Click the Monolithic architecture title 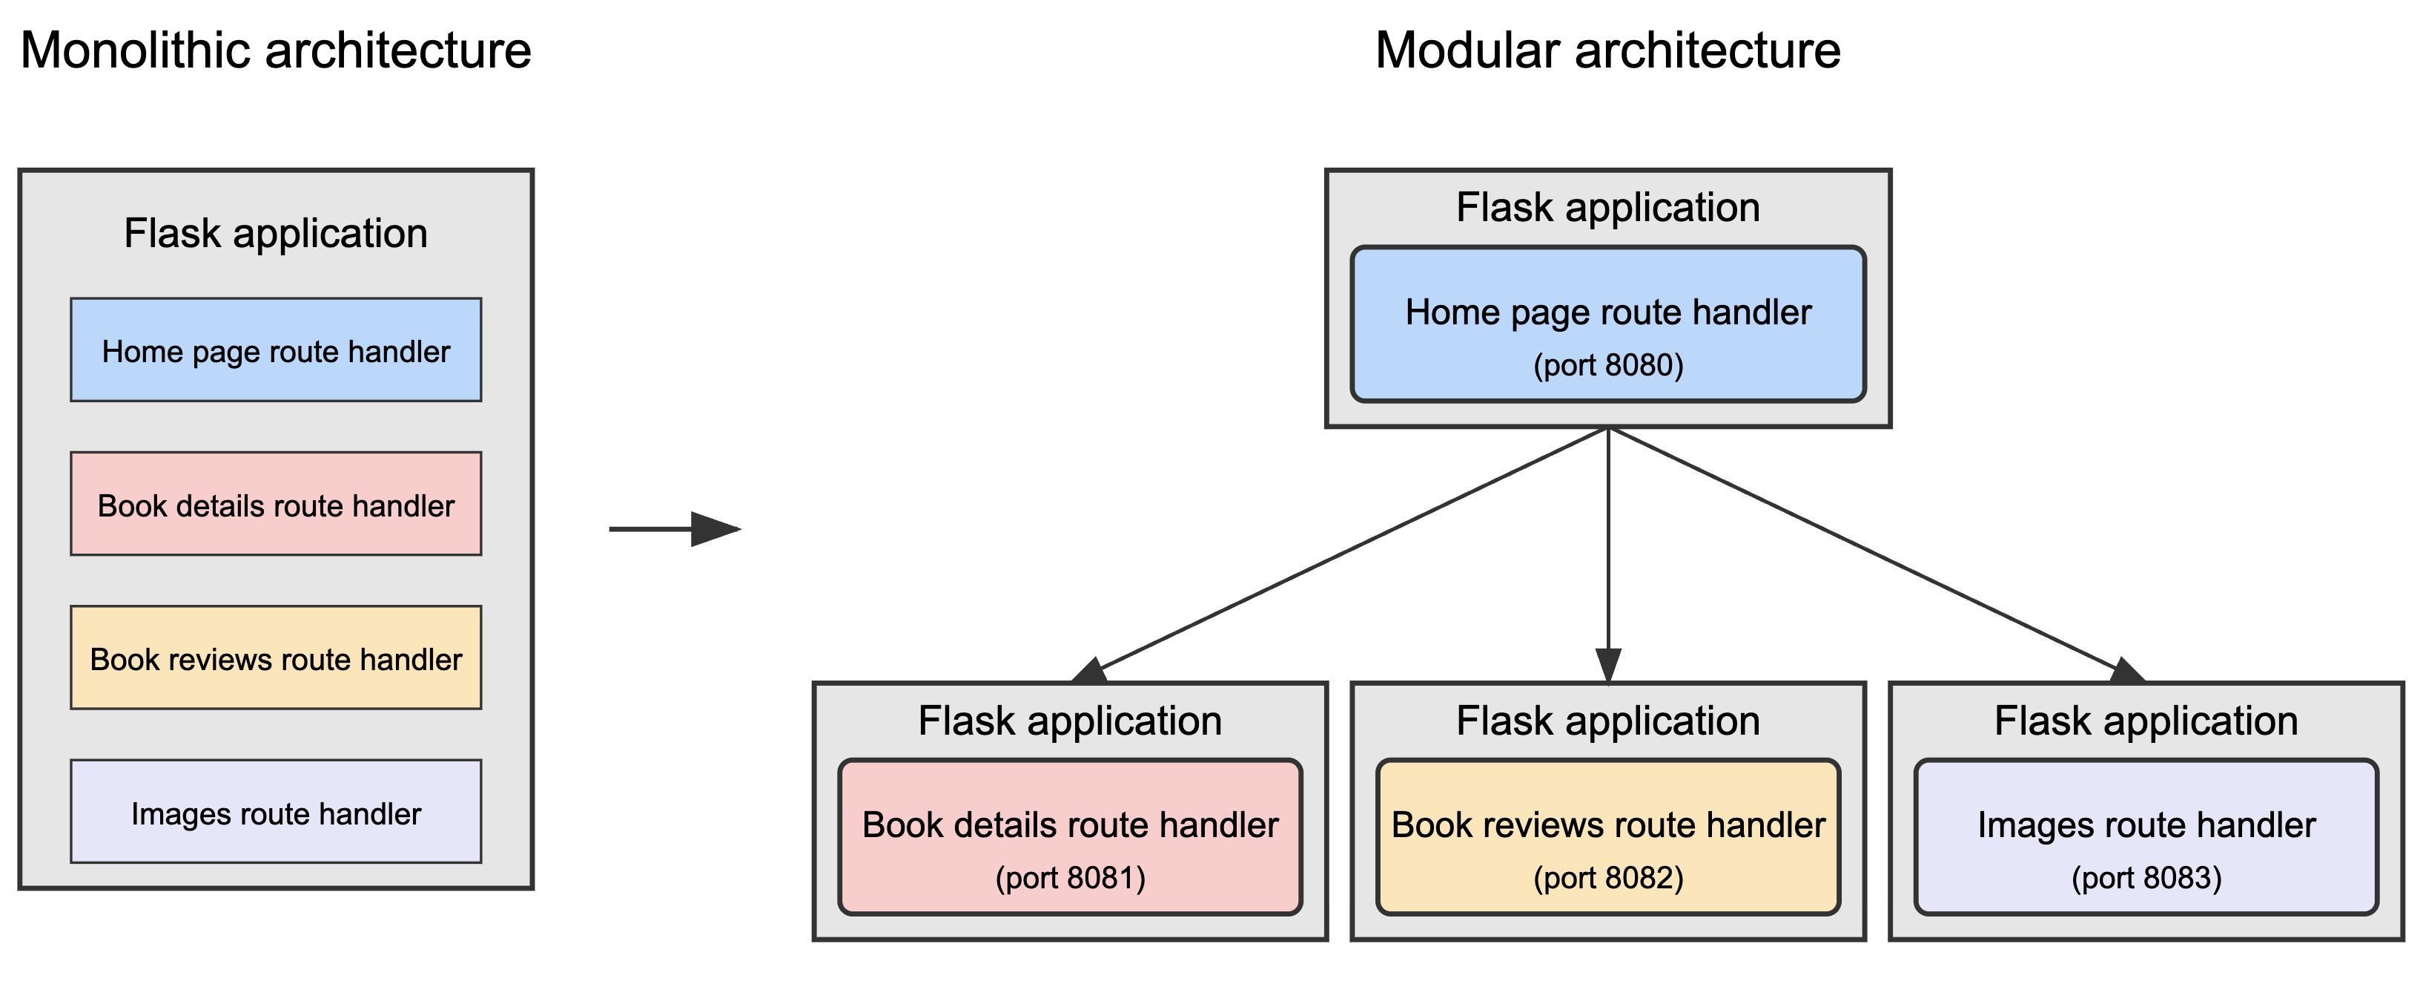coord(276,50)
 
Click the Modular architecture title coord(1607,50)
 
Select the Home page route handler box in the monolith coord(276,351)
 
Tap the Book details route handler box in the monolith coord(276,505)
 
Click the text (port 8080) coord(1607,365)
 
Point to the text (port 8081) coord(1071,878)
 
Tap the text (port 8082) coord(1607,878)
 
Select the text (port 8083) coord(2146,878)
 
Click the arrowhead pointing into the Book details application coord(1091,671)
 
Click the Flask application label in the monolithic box coord(276,233)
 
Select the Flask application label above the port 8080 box coord(1607,207)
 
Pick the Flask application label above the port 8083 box coord(2146,721)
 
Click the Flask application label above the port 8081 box coord(1071,721)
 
